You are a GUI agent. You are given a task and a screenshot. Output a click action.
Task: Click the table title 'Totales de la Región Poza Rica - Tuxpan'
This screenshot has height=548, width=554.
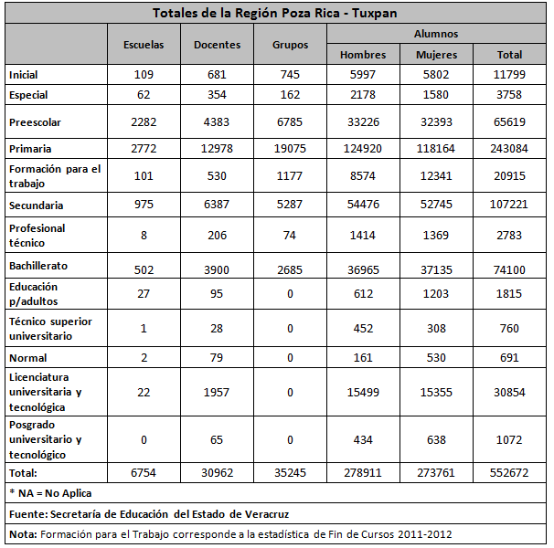pyautogui.click(x=275, y=13)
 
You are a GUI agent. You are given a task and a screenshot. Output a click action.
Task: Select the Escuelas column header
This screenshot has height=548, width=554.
pyautogui.click(x=144, y=44)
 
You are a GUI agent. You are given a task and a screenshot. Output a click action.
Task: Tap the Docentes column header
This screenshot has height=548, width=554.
pyautogui.click(x=218, y=44)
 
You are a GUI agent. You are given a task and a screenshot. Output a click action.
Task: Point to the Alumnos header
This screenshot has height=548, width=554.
pyautogui.click(x=436, y=34)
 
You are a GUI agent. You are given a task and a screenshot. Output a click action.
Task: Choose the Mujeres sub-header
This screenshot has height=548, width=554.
pyautogui.click(x=436, y=55)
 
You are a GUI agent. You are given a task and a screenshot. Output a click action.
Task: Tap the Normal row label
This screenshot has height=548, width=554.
pyautogui.click(x=27, y=358)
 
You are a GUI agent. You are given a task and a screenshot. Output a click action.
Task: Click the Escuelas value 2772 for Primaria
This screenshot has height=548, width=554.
pyautogui.click(x=144, y=149)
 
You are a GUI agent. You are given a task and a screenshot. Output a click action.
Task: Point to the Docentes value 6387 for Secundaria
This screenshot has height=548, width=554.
pyautogui.click(x=218, y=205)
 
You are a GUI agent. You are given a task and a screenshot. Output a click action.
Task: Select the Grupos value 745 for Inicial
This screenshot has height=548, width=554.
pyautogui.click(x=291, y=75)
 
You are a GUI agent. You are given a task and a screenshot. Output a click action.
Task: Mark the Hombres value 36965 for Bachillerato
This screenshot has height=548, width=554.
pyautogui.click(x=363, y=266)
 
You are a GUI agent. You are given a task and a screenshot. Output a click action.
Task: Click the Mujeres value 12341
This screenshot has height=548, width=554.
pyautogui.click(x=436, y=176)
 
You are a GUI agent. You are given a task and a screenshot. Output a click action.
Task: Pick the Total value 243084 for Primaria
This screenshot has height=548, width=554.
pyautogui.click(x=509, y=149)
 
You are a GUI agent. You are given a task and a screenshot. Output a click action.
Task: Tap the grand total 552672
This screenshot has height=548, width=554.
pyautogui.click(x=509, y=473)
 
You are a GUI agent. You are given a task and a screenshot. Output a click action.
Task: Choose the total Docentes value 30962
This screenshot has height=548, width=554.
pyautogui.click(x=218, y=473)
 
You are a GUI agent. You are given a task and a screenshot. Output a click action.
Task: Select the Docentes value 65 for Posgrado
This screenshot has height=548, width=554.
pyautogui.click(x=218, y=439)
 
